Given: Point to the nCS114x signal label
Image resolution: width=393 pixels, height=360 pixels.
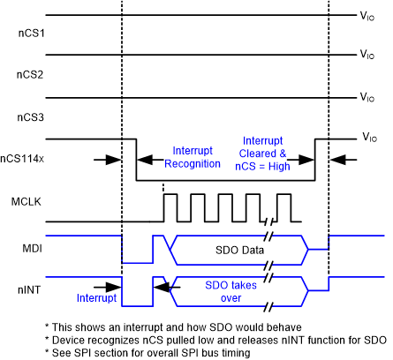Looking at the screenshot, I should point(24,159).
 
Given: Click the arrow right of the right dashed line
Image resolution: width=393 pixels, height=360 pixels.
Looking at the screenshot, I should point(344,160).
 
